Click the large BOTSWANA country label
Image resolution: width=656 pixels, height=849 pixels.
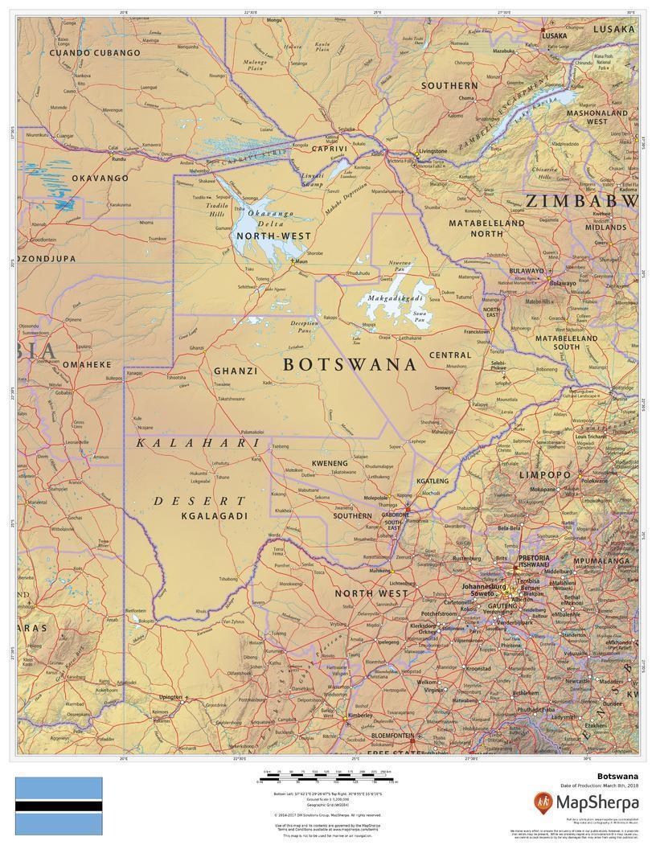[350, 364]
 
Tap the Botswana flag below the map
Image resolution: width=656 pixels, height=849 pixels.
[59, 806]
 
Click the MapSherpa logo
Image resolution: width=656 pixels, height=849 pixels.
[586, 802]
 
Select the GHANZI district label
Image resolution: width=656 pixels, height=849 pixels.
[236, 371]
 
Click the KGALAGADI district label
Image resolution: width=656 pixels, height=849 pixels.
[214, 515]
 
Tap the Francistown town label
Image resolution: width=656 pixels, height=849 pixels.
[476, 331]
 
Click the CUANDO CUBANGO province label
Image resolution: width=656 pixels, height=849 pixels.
[95, 53]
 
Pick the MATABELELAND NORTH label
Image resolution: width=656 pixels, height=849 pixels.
[486, 228]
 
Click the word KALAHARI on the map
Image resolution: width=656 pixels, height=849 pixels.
[198, 443]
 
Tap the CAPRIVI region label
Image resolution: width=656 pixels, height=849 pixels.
[330, 149]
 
